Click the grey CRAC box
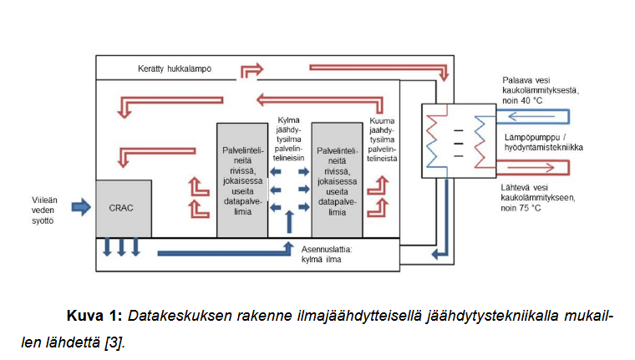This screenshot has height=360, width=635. click(124, 208)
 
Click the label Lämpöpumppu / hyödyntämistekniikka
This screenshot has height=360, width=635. click(544, 141)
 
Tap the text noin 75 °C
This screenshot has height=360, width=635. click(523, 207)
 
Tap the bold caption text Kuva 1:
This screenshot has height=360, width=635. click(94, 317)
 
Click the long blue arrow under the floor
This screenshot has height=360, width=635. click(226, 250)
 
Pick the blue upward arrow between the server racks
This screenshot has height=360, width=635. click(290, 222)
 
